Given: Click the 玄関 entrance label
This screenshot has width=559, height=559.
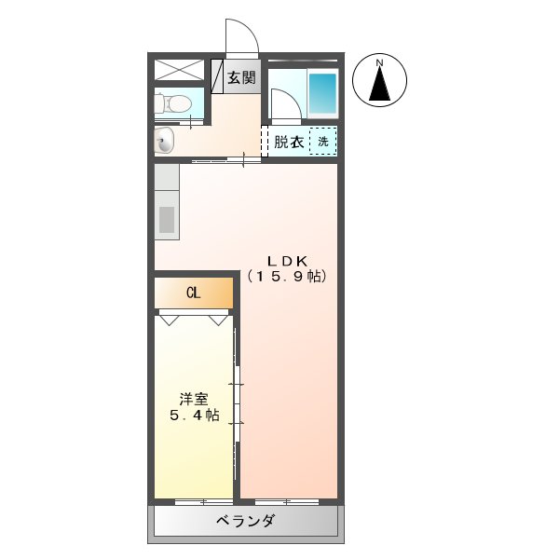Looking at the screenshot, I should (x=241, y=78).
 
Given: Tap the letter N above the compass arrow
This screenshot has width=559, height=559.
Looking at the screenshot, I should (x=379, y=63).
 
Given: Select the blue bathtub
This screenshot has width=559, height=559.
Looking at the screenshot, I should (x=321, y=92).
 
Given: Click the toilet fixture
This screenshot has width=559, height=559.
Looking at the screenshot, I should (x=175, y=102).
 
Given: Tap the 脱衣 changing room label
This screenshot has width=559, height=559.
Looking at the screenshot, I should (x=288, y=143).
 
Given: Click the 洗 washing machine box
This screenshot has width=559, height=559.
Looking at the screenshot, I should (x=323, y=142).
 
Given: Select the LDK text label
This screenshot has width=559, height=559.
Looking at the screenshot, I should (x=287, y=260).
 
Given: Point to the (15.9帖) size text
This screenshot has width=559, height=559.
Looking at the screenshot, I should (x=287, y=277).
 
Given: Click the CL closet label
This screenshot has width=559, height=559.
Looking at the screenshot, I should (x=193, y=293).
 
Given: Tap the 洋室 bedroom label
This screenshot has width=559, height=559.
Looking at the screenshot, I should (x=194, y=399).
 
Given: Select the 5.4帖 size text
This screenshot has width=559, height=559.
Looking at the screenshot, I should (x=194, y=416).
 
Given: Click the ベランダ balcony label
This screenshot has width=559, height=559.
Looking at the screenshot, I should (x=245, y=521).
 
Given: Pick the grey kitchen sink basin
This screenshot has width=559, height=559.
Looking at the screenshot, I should (x=167, y=220).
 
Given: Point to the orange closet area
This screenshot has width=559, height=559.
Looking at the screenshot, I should (x=211, y=293).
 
